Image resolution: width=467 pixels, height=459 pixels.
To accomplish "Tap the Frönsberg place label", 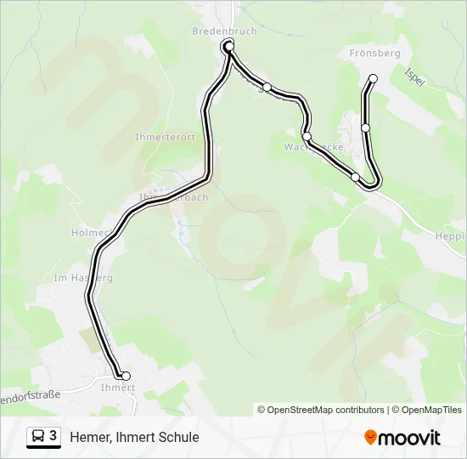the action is (374, 53).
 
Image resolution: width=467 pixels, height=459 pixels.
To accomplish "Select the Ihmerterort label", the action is (165, 137).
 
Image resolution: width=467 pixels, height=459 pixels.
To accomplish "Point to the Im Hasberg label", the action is (82, 277).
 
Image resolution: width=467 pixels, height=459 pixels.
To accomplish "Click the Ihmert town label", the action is (118, 388).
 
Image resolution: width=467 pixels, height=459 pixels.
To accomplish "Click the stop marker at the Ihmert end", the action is (126, 376).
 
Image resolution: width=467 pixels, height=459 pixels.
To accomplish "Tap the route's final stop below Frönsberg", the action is (373, 79).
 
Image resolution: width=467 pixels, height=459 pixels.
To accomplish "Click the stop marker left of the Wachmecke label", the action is (307, 136).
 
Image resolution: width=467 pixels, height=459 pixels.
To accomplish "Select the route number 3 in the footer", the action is (53, 436).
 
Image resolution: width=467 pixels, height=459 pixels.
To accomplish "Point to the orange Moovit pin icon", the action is (370, 438).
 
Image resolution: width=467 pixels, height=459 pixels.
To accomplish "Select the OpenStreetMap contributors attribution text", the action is (325, 410).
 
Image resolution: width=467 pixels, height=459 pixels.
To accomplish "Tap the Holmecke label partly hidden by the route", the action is (88, 231).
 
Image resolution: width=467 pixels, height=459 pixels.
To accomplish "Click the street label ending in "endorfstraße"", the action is (30, 395).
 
